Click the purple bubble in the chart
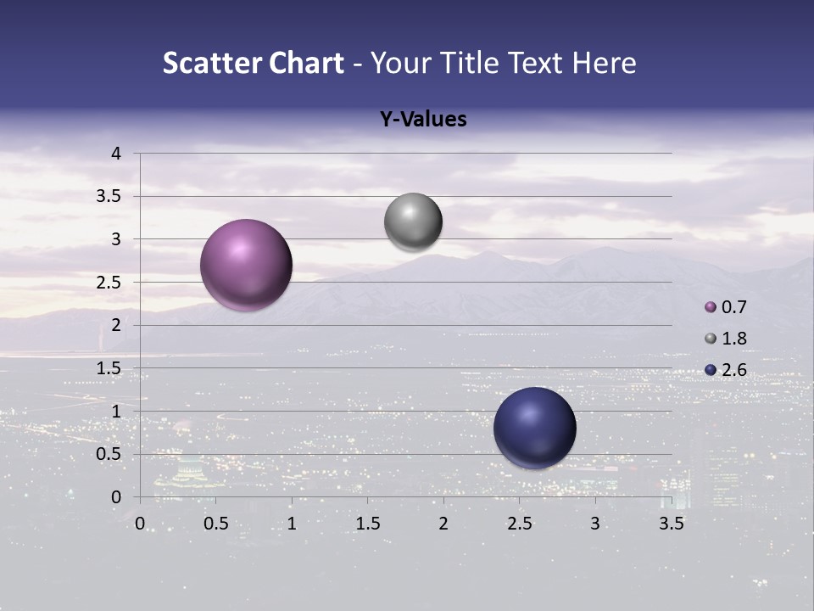click(246, 265)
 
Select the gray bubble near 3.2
click(413, 221)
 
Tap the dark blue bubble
click(534, 428)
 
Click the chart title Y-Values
click(423, 120)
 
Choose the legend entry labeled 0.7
click(727, 306)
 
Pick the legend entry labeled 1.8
click(727, 338)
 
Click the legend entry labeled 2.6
click(727, 369)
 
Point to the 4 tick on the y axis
click(117, 154)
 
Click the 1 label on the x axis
click(292, 524)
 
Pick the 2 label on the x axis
click(443, 524)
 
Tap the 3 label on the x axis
click(595, 524)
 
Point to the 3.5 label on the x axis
click(671, 524)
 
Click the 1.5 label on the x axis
click(367, 524)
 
